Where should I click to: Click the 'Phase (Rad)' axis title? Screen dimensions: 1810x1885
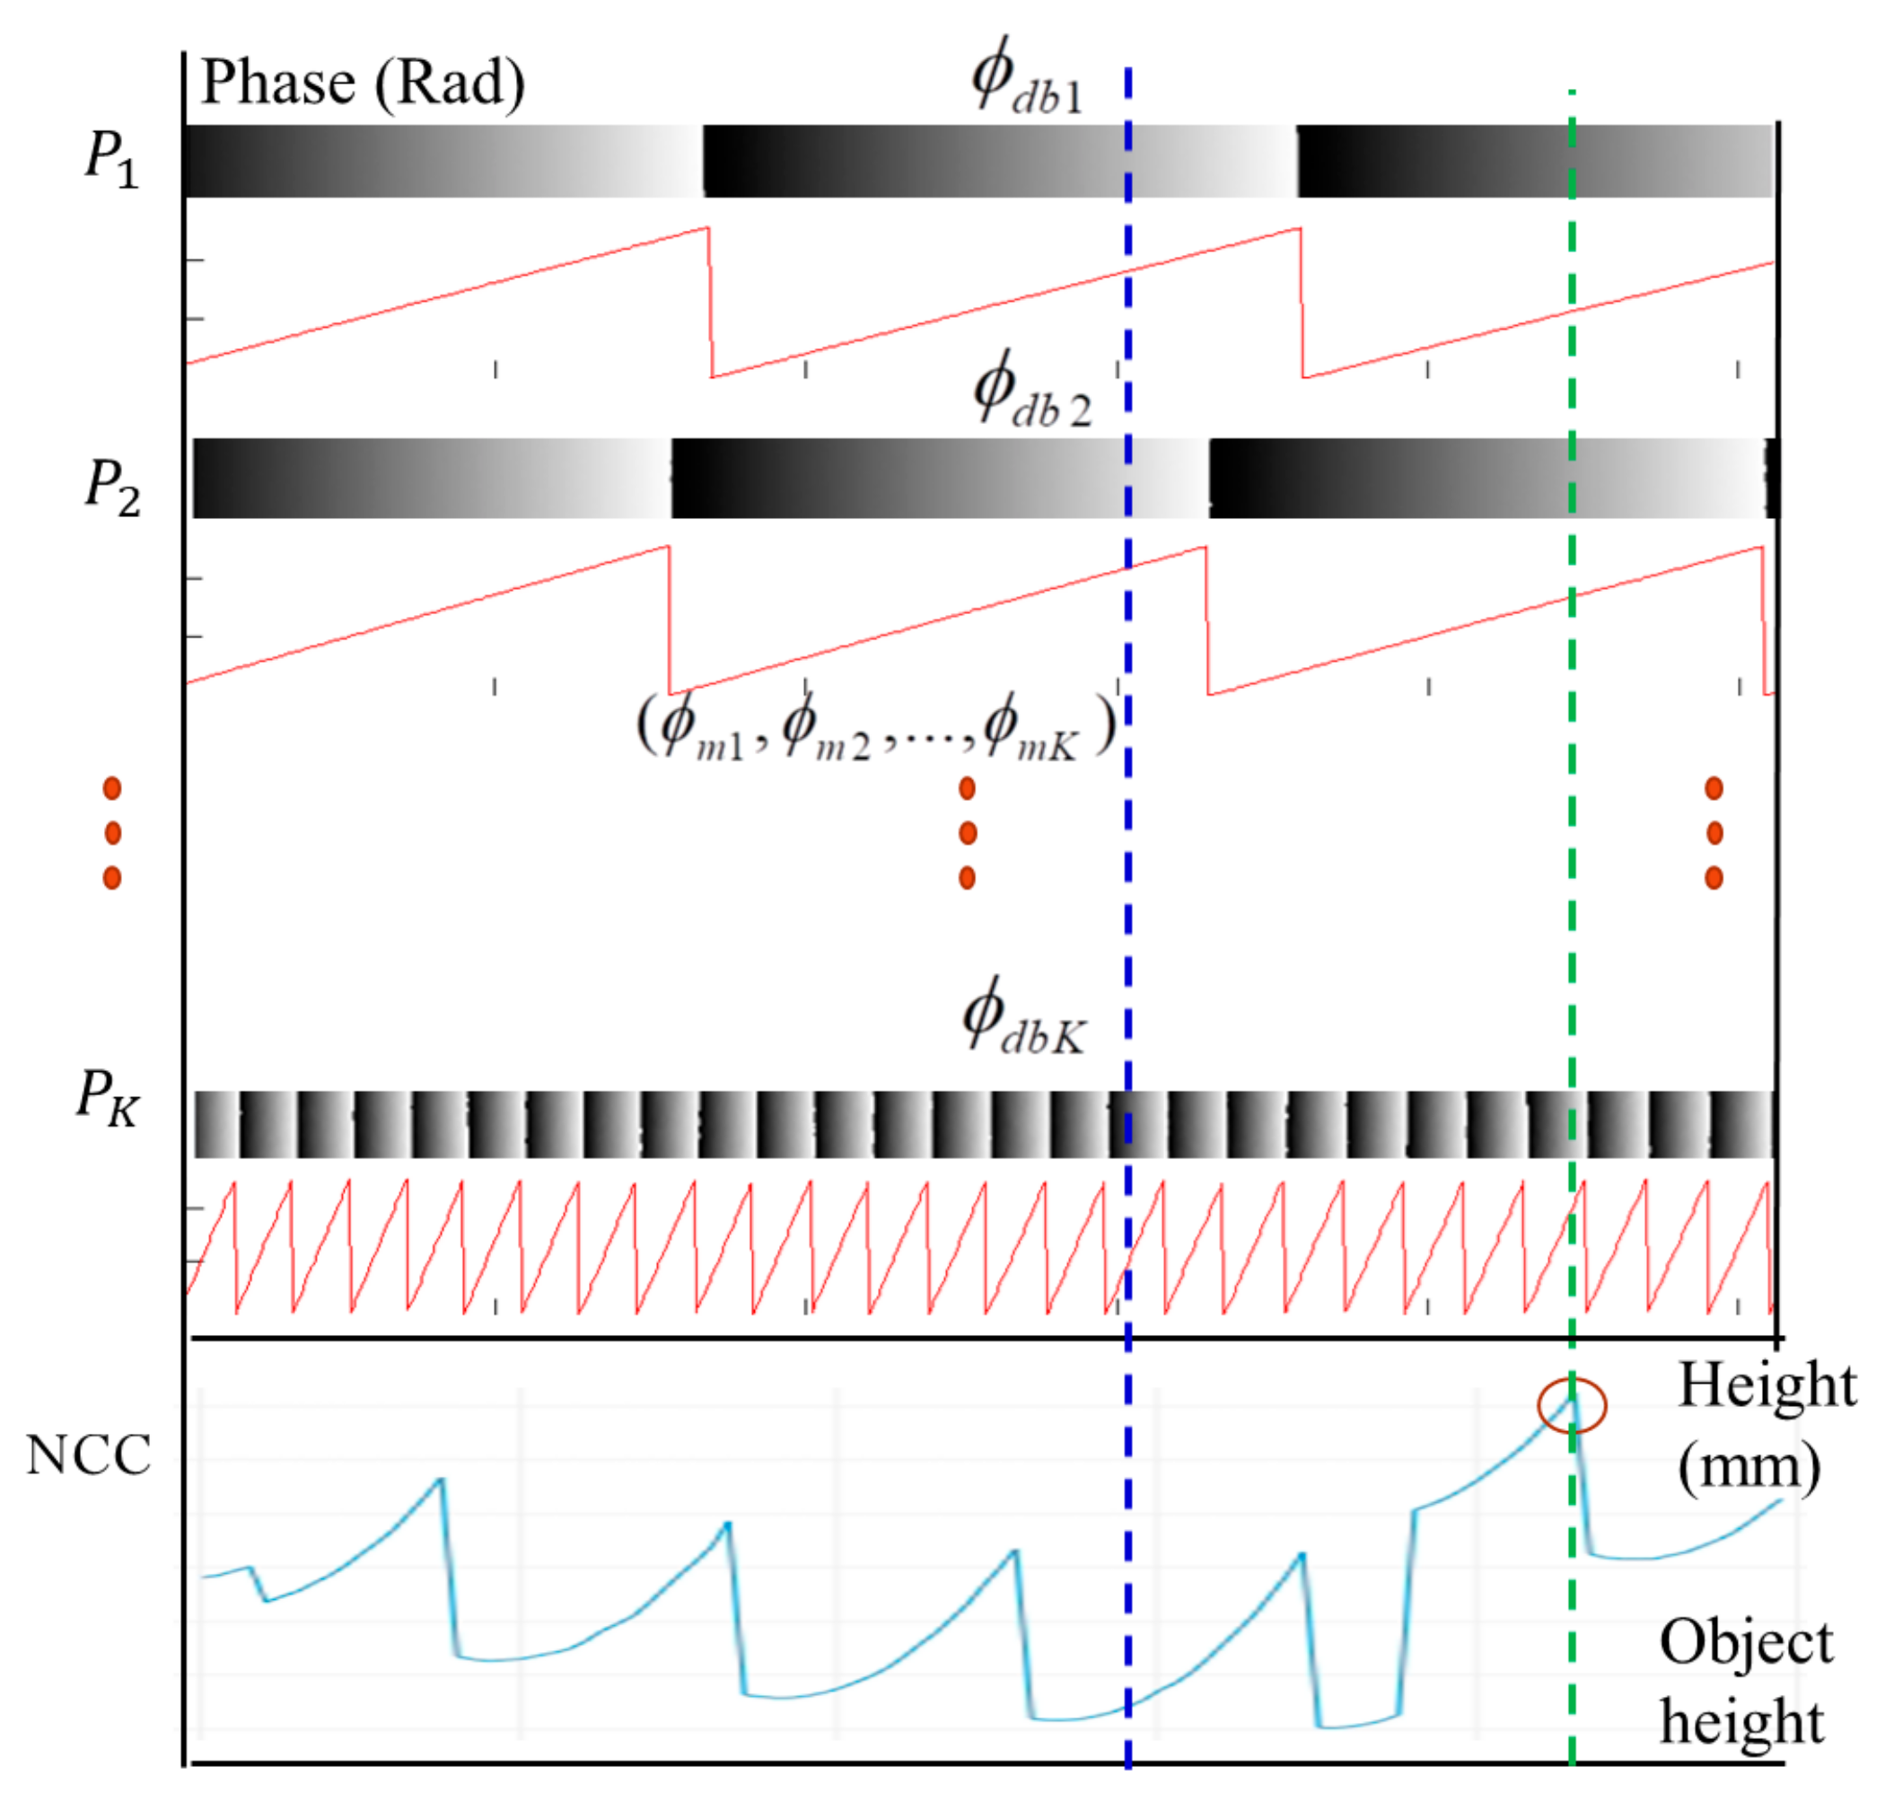point(363,84)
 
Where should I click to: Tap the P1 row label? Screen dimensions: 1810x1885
point(111,158)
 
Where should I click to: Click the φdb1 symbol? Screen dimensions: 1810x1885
point(1027,79)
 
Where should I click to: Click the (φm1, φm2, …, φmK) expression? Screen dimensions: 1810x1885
point(876,729)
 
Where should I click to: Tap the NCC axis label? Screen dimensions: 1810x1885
point(89,1456)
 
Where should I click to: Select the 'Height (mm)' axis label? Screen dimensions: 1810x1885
point(1766,1426)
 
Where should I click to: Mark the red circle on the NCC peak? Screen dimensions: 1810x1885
point(1572,1406)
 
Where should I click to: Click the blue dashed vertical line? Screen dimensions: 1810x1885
point(1128,914)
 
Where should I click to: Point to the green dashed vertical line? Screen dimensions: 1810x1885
point(1572,914)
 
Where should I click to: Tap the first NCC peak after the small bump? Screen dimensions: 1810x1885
point(442,1480)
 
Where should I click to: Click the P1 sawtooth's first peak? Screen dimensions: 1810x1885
point(708,229)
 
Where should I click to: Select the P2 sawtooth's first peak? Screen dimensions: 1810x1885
point(666,548)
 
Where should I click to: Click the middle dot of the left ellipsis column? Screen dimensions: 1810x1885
point(112,833)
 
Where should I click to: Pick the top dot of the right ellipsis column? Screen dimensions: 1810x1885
point(1714,788)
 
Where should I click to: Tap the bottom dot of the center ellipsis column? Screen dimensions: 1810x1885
point(968,877)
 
